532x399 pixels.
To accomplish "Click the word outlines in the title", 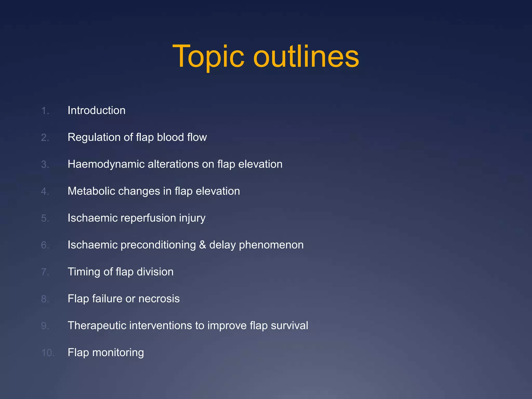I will coord(306,56).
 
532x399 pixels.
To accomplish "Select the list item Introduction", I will coord(96,110).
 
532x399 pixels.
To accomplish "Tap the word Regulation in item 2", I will coord(94,137).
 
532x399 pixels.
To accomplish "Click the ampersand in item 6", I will coord(202,245).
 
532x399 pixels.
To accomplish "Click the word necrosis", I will coord(159,299).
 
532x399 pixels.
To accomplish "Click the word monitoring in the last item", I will coord(118,353).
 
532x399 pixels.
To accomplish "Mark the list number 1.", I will coord(45,111).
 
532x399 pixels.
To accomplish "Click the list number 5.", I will coord(45,218).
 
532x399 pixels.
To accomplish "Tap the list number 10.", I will coord(48,353).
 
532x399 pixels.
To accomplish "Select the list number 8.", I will coord(45,299).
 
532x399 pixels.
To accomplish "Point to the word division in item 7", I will coord(155,272).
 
